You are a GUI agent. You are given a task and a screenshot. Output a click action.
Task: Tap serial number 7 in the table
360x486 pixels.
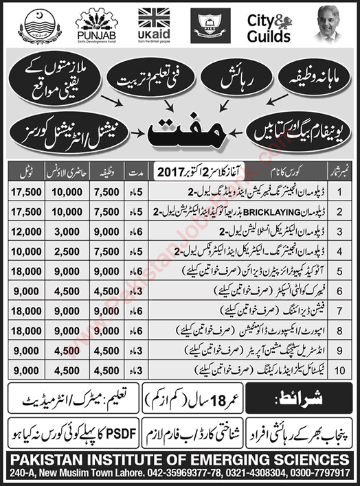tap(341, 312)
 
